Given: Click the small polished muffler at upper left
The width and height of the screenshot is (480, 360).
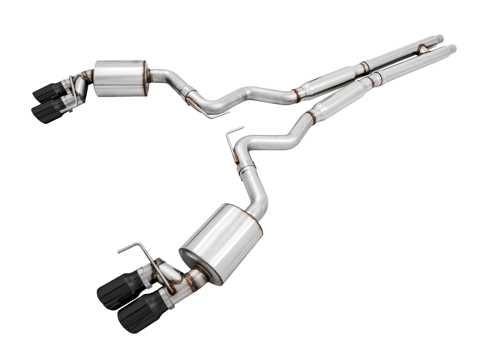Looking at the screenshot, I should pos(120,78).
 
